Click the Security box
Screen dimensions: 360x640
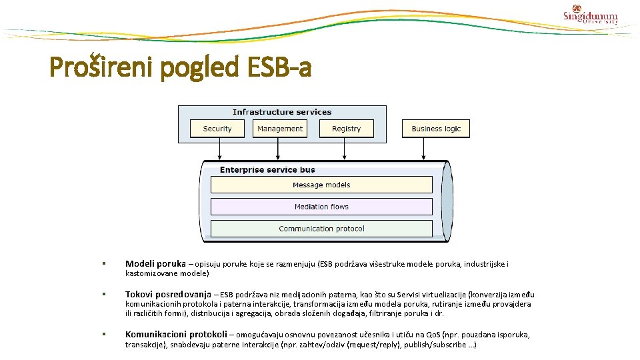pos(217,129)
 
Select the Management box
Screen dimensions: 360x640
pos(280,129)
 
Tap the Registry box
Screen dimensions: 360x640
pos(346,129)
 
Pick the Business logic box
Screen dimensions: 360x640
pos(436,129)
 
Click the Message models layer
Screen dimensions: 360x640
pos(321,185)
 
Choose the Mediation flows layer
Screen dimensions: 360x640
pos(321,207)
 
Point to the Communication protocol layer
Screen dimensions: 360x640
pos(321,229)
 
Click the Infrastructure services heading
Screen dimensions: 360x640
pos(282,112)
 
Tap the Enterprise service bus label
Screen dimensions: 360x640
pos(267,170)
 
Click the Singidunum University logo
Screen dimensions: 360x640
pos(590,15)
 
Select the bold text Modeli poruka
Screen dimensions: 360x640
pos(155,264)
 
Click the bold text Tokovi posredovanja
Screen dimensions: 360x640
pos(168,294)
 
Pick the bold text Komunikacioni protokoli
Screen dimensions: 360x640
pos(175,335)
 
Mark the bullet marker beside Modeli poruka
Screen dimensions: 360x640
pos(104,265)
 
